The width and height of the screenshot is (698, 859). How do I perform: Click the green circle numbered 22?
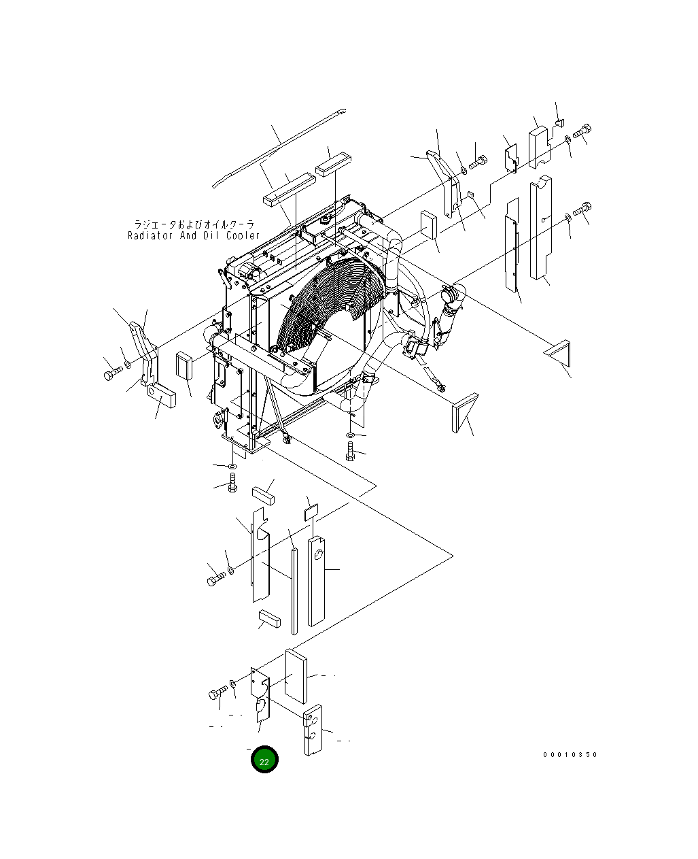[264, 760]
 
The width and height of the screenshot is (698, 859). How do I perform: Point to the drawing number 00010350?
[570, 754]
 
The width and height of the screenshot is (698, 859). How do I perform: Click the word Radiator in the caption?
[150, 235]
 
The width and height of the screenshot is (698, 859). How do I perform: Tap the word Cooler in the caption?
[243, 235]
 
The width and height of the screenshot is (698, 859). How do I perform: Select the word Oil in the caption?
[211, 235]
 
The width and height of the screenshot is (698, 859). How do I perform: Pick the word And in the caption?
[188, 235]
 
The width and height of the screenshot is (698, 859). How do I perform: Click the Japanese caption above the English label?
[194, 224]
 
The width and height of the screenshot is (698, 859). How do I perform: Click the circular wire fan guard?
[328, 303]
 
